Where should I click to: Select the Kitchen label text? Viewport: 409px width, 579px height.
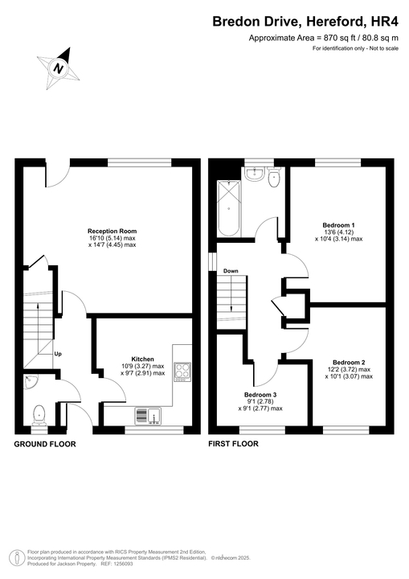142,359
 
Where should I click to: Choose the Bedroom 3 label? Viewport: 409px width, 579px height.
260,394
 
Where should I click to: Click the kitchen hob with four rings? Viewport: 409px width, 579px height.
182,372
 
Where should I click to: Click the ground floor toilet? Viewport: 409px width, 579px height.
38,415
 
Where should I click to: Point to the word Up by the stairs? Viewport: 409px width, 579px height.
58,354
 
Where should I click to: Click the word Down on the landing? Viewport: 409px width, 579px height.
231,271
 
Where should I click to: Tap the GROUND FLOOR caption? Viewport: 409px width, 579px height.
45,444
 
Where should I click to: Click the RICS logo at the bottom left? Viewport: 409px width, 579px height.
15,556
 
